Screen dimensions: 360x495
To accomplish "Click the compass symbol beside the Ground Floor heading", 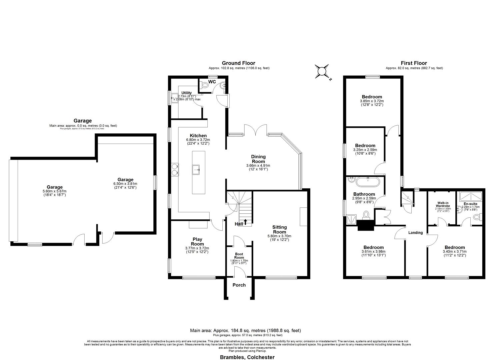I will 322,72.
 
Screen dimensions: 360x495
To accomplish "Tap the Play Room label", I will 197,242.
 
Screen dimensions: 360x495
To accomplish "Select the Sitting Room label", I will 279,229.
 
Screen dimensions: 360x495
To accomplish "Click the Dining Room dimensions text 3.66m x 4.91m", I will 258,165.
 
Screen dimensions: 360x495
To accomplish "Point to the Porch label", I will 239,285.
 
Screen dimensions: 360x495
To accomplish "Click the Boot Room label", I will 239,256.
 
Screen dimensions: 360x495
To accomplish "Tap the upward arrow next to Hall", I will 246,221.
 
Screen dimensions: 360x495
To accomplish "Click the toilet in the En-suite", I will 477,217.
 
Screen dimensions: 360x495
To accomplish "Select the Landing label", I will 415,233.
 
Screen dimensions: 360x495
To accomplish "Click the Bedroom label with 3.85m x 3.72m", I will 372,97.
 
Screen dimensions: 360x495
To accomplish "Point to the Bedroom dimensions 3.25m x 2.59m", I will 365,150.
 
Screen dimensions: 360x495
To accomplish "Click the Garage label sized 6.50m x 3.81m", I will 125,180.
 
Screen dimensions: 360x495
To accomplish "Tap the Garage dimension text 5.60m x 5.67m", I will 54,191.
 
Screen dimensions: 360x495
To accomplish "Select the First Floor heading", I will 414,63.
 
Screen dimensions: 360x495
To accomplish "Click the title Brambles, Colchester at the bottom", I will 247,357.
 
